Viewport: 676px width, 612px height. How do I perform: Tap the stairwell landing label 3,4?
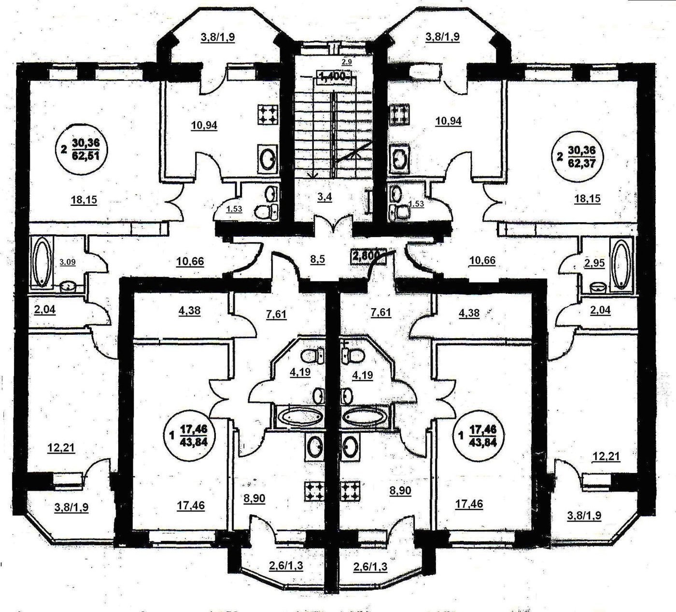[x=325, y=197]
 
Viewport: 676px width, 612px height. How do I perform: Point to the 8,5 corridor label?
[x=317, y=259]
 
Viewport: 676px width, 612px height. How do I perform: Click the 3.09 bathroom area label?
[x=67, y=262]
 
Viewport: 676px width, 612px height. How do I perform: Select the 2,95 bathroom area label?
[x=593, y=263]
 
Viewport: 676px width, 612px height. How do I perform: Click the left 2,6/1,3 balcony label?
[x=287, y=566]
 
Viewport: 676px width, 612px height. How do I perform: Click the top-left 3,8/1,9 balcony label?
[x=217, y=37]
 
